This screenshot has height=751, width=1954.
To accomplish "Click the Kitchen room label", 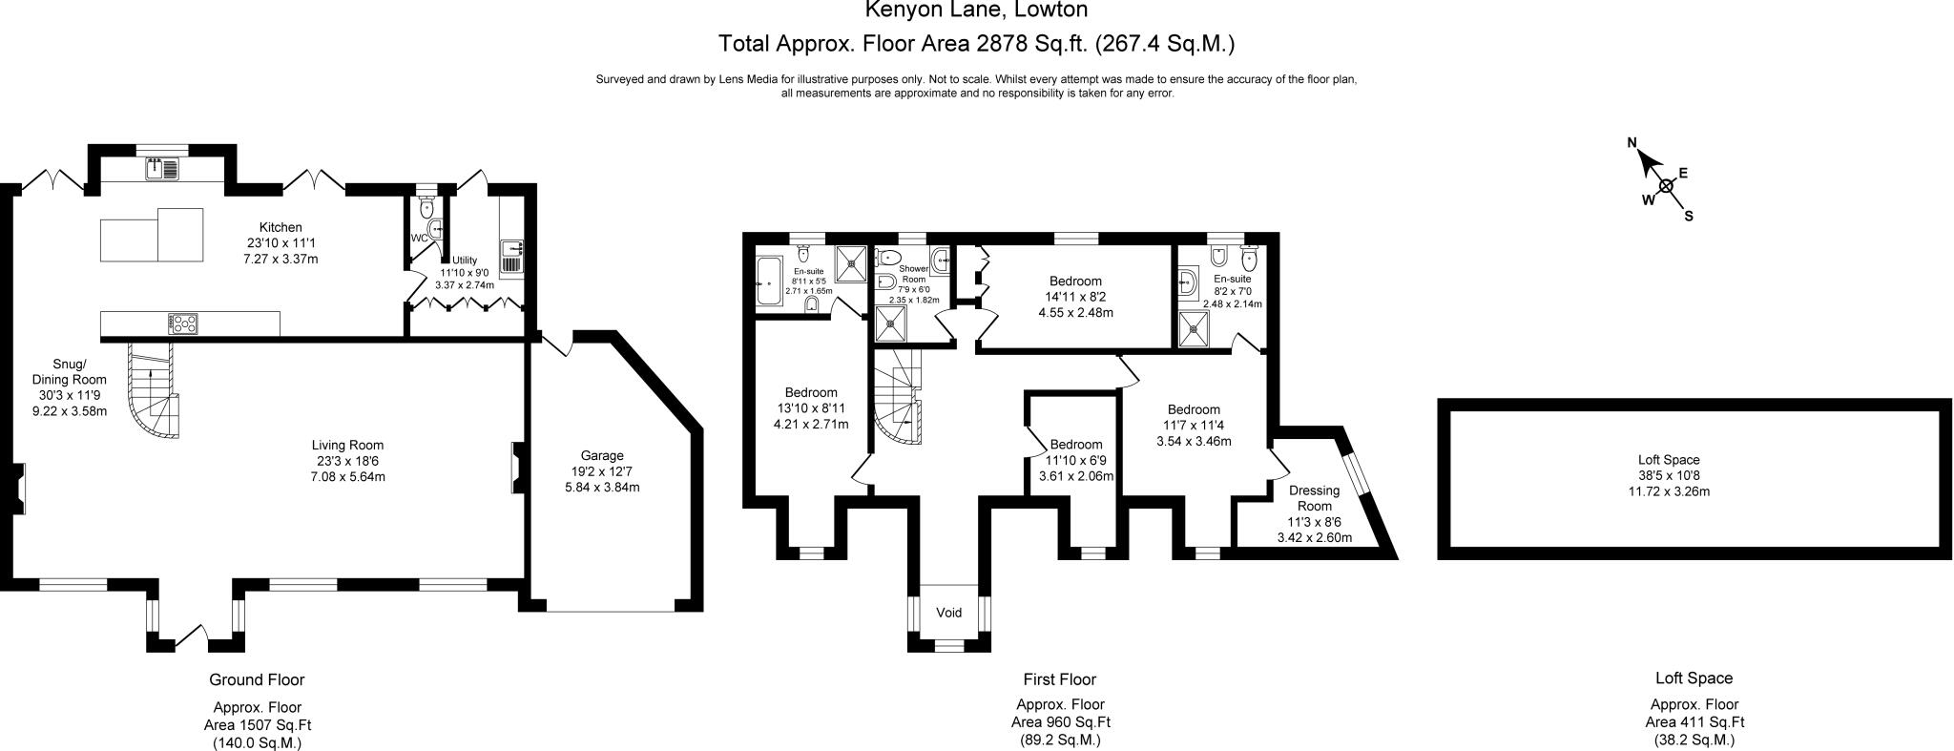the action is [281, 227].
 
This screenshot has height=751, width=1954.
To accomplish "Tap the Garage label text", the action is [602, 455].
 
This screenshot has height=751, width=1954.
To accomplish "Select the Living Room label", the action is [347, 445].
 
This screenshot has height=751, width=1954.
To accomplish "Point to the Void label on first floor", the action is [948, 613].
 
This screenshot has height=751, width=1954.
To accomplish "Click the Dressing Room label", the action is [1315, 498].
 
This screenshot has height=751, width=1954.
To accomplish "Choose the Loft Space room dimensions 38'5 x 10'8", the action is [1669, 475].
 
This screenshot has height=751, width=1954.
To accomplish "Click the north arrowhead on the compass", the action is [1648, 162].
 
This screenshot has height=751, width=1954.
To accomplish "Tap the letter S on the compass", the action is [1688, 216].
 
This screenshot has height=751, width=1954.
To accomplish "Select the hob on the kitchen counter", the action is [183, 324].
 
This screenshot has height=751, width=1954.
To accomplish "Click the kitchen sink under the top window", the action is [161, 169].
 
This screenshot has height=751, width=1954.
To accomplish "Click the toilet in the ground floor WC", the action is [426, 206].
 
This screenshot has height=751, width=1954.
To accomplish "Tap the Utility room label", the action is [464, 260].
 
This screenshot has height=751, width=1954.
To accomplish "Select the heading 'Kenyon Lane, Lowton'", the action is [976, 10].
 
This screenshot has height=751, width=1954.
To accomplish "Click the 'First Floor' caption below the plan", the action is [1059, 679].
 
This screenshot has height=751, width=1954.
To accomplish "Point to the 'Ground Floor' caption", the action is [257, 679].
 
